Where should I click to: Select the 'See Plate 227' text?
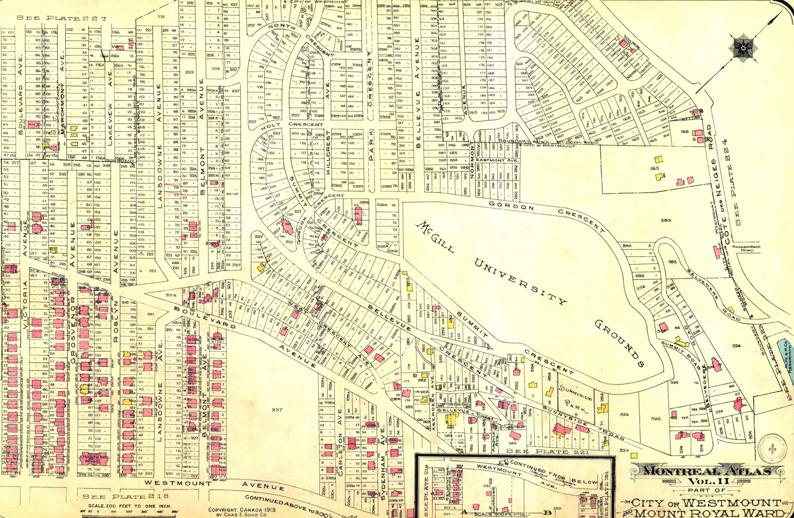[x=61, y=18]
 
